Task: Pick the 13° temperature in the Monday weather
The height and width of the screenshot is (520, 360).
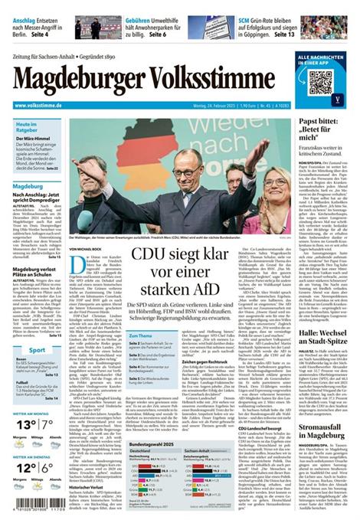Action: click(x=25, y=423)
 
